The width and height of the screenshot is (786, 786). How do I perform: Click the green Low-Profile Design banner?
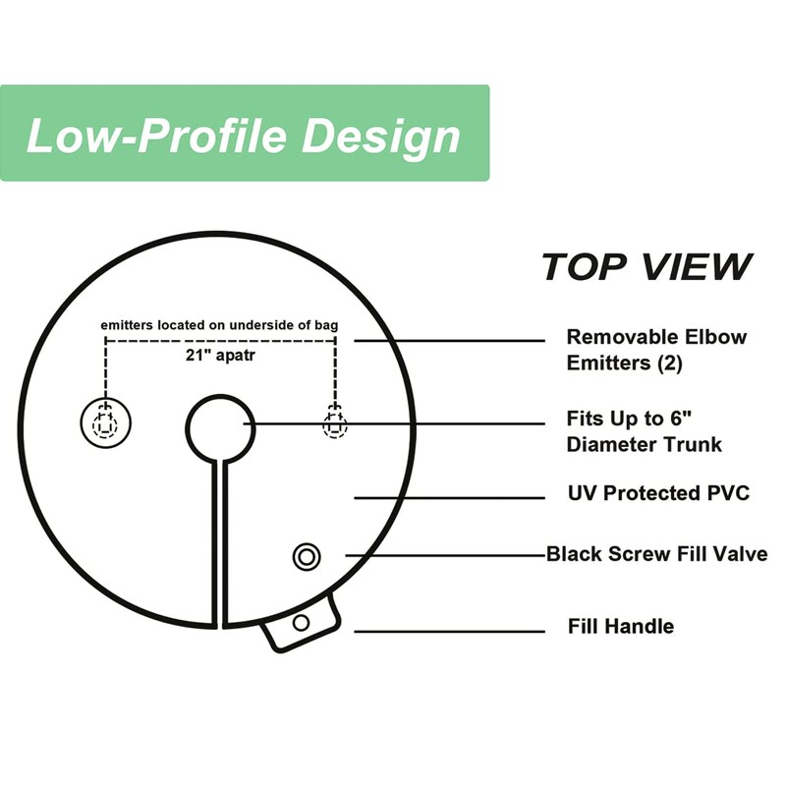[244, 134]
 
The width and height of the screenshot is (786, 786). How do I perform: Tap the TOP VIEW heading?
[646, 266]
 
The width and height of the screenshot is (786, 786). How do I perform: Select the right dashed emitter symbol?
[335, 424]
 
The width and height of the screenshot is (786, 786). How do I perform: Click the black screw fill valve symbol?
[307, 556]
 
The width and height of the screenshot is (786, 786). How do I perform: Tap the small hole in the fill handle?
[302, 622]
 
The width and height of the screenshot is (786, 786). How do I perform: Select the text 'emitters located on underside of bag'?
[220, 325]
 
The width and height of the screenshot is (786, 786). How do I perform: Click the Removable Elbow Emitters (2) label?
[655, 350]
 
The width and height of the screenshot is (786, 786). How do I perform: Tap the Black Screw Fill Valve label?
[656, 554]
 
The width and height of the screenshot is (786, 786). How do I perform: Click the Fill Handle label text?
[621, 626]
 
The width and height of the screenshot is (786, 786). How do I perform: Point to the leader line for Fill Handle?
[447, 631]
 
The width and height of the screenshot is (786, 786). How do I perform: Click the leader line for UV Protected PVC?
[447, 498]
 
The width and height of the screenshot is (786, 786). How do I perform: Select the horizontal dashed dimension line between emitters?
[220, 341]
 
